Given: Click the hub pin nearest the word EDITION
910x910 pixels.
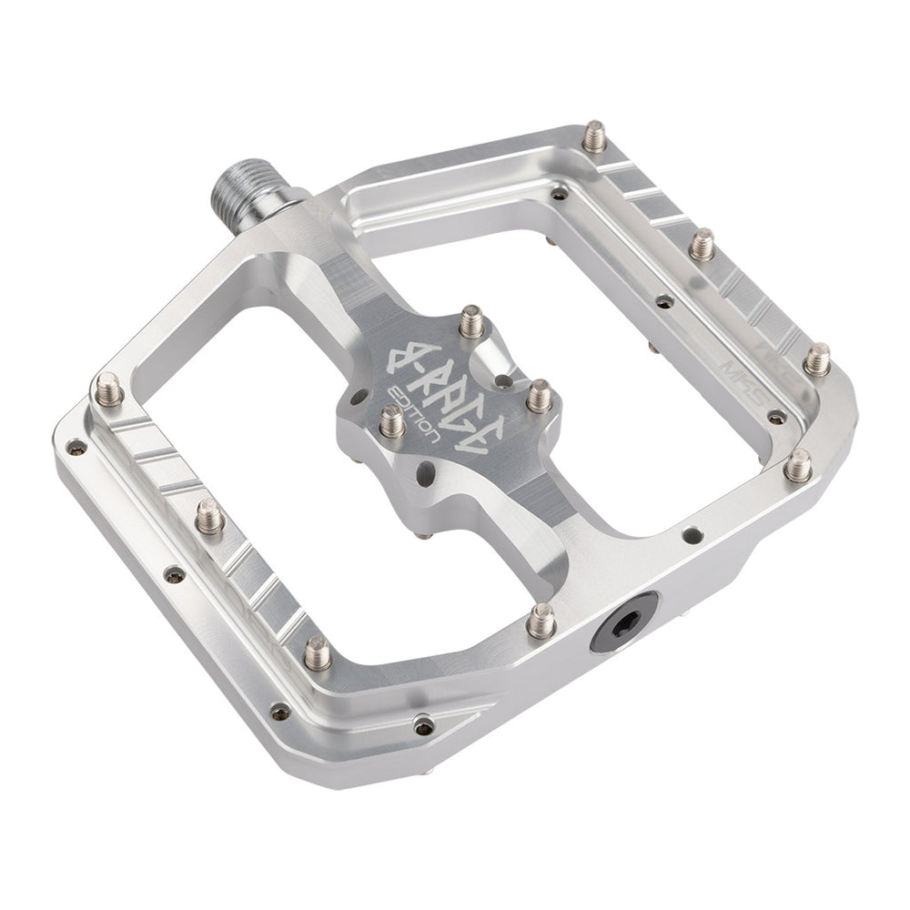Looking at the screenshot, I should click(391, 420).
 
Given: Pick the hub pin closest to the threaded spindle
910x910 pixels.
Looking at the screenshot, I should click(470, 320).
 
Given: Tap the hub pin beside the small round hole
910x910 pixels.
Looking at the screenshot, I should click(540, 396).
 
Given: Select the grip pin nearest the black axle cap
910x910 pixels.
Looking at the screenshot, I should click(541, 621).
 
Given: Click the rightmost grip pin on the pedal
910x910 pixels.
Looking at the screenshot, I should click(817, 359).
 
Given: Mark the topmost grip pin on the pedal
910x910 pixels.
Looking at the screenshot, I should click(594, 136).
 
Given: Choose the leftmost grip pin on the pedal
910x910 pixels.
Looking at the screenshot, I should click(108, 390).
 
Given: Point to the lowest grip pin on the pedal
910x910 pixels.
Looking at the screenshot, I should click(318, 652).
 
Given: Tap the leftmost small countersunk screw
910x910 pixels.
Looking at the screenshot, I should click(77, 447).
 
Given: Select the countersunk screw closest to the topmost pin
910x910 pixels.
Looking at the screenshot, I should click(559, 193).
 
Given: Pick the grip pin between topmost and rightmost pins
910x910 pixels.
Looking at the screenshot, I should click(702, 244).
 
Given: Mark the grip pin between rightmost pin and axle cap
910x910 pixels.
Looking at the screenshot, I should click(798, 466).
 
